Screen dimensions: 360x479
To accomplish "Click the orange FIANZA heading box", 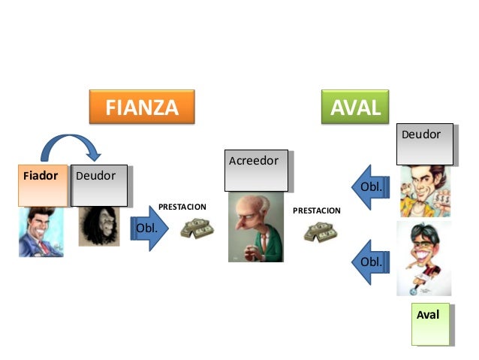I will coord(142,107).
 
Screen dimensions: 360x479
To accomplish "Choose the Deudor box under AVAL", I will coord(425,144).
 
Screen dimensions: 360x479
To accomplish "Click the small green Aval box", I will coord(430,324).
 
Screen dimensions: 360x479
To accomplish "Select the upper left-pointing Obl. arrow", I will coord(371,186).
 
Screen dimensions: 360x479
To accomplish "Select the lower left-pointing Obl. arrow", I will coord(371,261).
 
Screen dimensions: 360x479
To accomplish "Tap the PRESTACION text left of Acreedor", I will coord(182,206).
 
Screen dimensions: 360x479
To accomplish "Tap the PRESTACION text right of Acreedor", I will coord(316,211).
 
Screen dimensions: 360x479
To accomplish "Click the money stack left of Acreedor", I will coord(196,228).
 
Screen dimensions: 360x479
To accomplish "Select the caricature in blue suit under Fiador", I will coord(41,231).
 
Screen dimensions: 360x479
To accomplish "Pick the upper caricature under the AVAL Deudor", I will coord(425,191).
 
